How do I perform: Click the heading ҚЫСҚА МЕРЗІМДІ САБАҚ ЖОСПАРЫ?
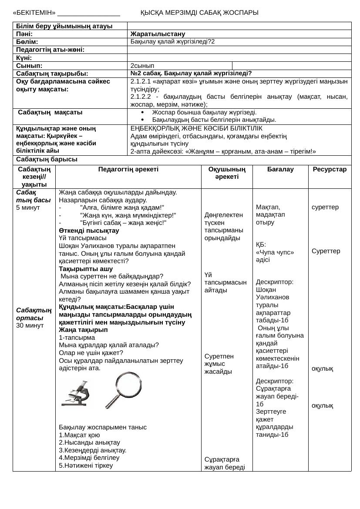[x=199, y=13]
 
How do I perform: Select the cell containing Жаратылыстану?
[x=158, y=34]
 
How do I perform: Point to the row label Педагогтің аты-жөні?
[x=50, y=50]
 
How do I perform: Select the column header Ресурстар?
[x=330, y=169]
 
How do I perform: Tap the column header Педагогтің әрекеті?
[x=128, y=169]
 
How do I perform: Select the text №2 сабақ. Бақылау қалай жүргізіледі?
[x=191, y=74]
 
